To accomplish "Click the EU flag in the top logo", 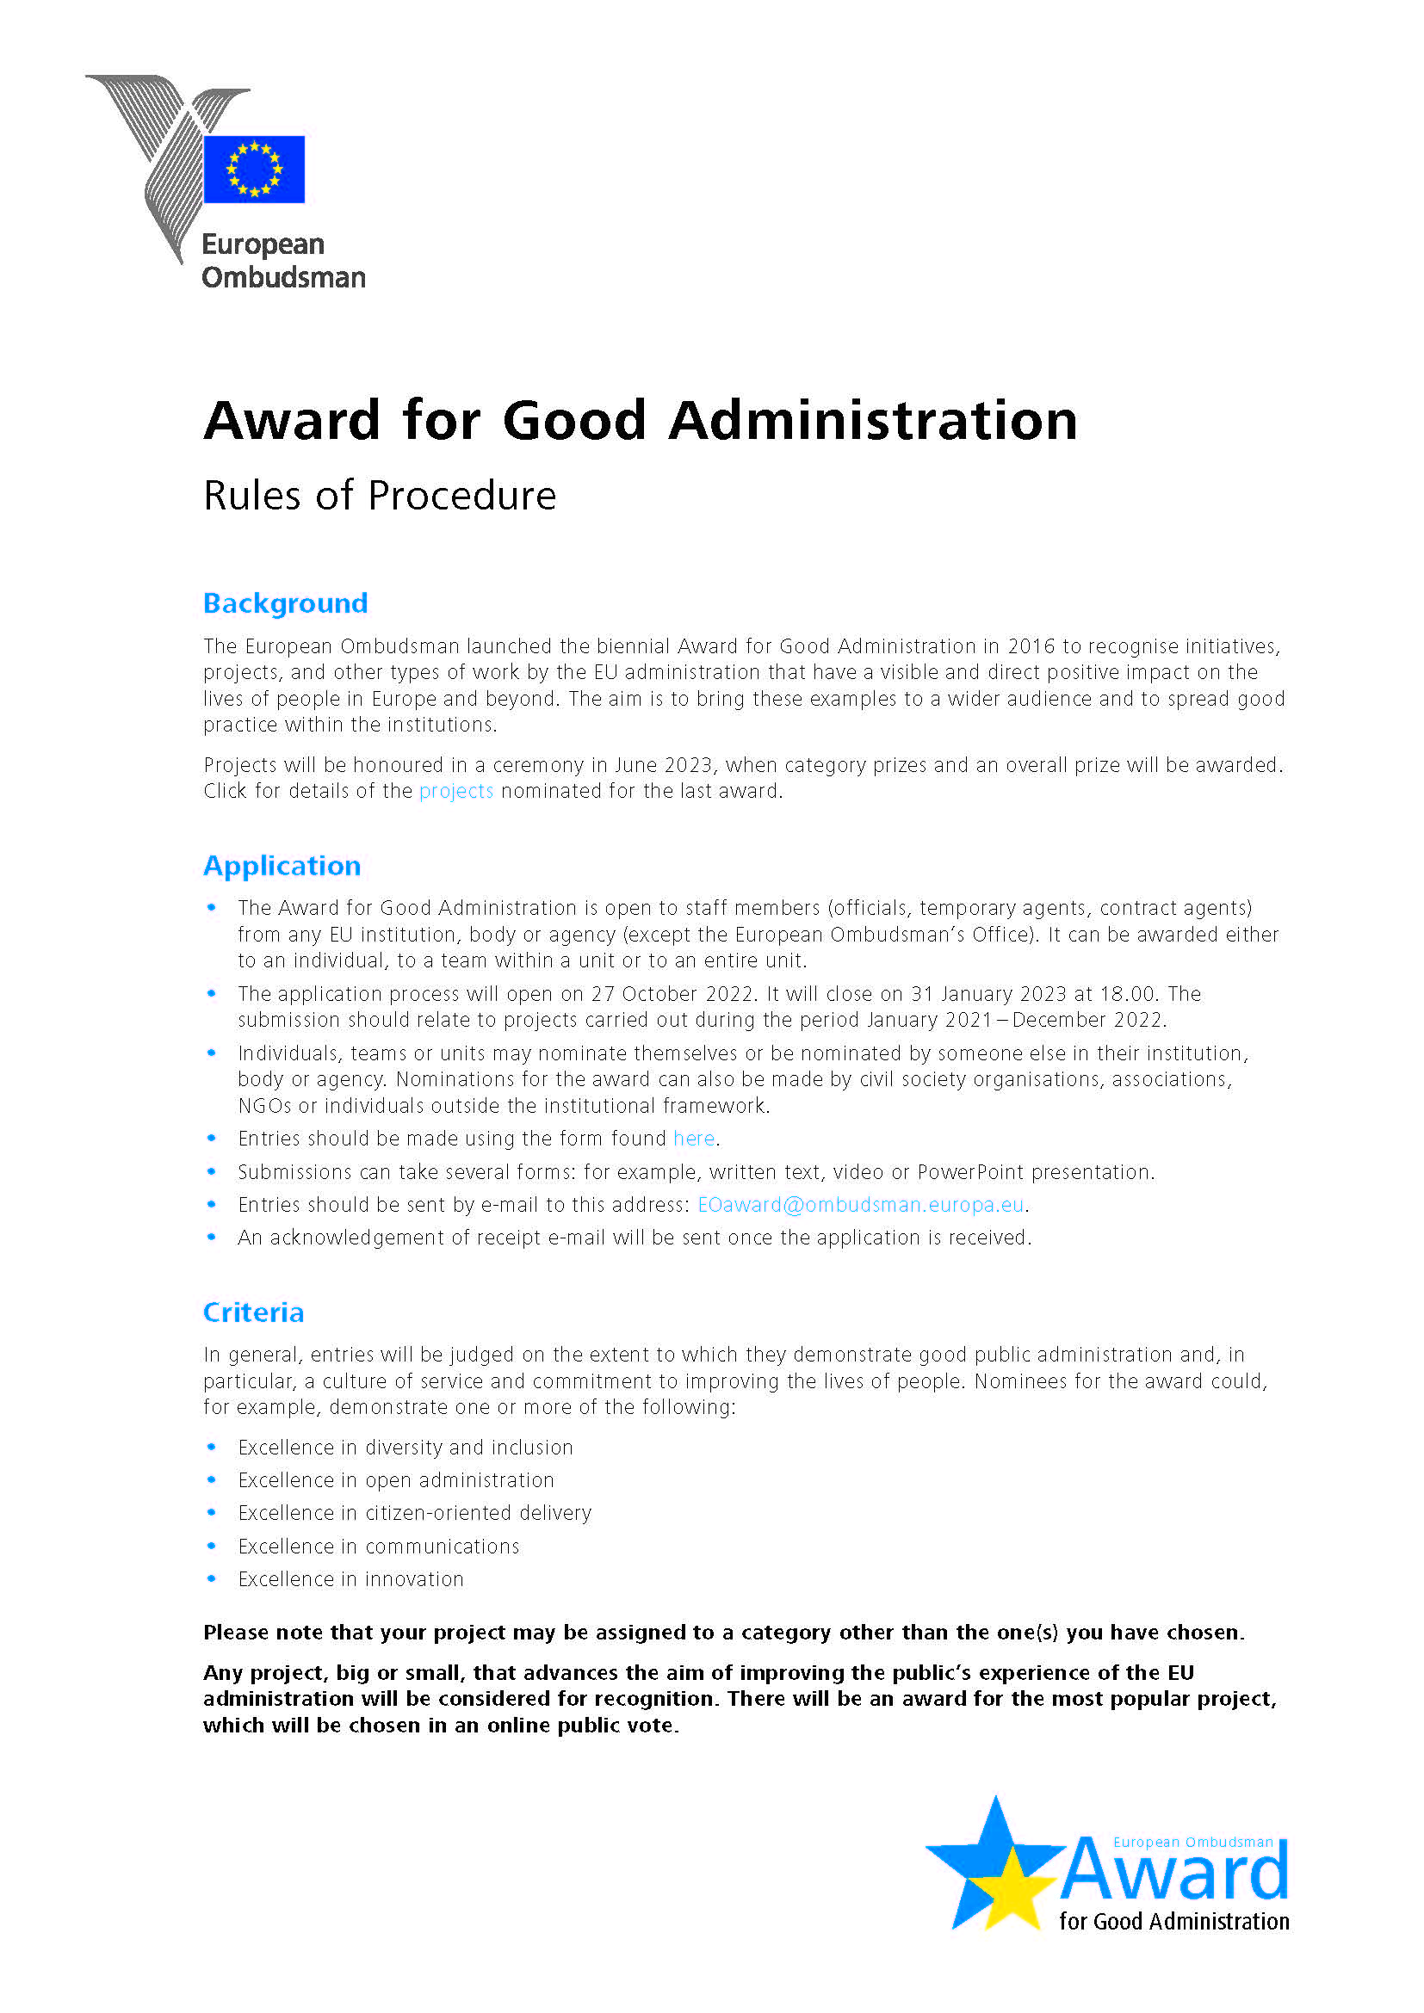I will coord(253,170).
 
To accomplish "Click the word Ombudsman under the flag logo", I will coord(283,278).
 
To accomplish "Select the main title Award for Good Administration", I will coord(640,420).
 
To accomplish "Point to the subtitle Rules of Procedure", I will coord(380,497).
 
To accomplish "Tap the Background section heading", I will coord(285,603).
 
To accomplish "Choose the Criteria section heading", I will coord(253,1312).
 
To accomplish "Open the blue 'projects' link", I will coord(456,791).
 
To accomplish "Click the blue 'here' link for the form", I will coord(694,1139).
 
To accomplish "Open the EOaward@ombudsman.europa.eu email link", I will coord(860,1205).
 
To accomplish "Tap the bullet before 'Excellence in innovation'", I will coord(211,1579).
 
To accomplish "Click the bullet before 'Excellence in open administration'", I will coord(211,1480).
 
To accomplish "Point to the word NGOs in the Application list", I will coord(264,1106).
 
